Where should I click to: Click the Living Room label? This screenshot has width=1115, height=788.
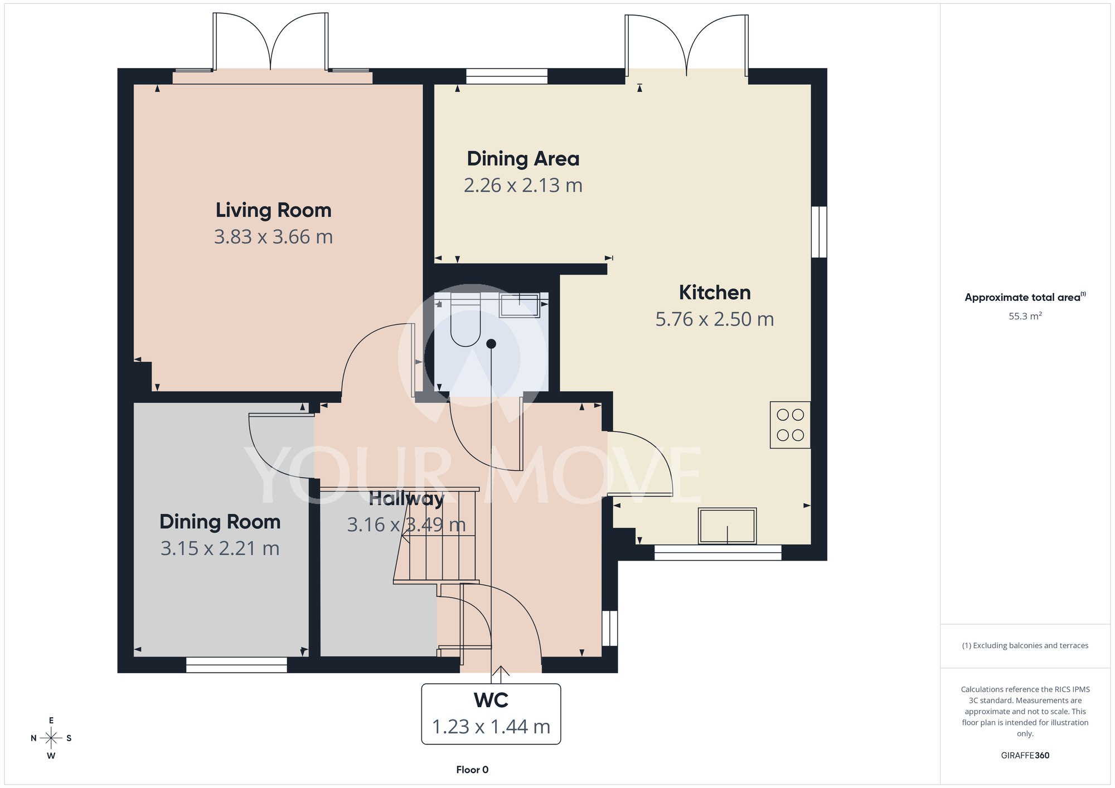tap(273, 210)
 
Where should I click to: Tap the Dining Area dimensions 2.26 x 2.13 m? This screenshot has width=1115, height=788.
tap(523, 185)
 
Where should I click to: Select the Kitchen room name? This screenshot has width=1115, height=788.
tap(715, 293)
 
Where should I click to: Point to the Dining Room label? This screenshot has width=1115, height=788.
tap(220, 522)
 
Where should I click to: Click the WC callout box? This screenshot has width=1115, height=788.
tap(491, 714)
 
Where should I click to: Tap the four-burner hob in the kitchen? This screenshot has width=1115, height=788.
tap(791, 425)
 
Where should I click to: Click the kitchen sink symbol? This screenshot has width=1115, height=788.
tap(728, 526)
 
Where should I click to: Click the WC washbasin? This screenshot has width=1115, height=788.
tap(519, 305)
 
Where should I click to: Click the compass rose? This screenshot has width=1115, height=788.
tap(51, 738)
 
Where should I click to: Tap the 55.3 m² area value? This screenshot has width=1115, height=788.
tap(1025, 316)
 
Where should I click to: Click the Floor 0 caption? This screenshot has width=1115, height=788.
tap(472, 770)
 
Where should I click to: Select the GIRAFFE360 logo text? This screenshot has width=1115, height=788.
tap(1025, 756)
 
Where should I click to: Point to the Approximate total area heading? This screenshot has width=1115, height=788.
tap(1025, 297)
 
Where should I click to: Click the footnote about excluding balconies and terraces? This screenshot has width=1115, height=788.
tap(1025, 645)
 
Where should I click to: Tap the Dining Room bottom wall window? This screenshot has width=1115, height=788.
tap(236, 665)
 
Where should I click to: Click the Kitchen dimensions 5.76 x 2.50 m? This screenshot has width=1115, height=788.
tap(715, 319)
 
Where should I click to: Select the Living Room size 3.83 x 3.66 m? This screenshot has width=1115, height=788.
tap(273, 237)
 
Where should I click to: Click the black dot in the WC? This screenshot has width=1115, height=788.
tap(491, 344)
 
